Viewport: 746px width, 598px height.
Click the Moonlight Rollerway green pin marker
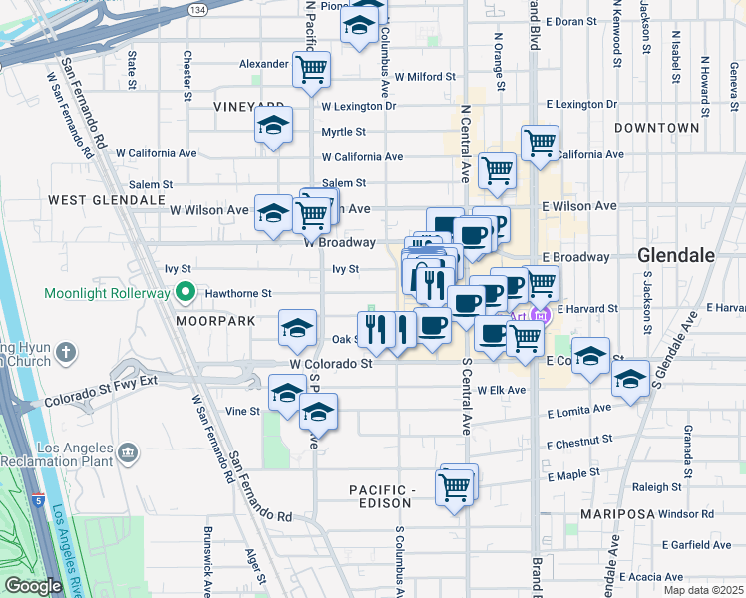click(184, 293)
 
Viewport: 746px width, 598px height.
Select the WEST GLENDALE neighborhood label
click(98, 200)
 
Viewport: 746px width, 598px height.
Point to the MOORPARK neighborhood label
click(211, 322)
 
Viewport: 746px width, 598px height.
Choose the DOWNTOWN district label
click(656, 128)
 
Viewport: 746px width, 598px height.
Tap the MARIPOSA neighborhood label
click(618, 514)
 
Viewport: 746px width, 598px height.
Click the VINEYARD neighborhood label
click(249, 106)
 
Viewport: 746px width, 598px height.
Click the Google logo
click(33, 586)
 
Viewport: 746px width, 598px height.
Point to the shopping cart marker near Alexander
click(311, 69)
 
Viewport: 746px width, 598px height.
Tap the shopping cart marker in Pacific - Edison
click(455, 488)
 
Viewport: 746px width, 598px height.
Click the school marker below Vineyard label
click(272, 127)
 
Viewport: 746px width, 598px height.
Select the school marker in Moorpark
click(296, 327)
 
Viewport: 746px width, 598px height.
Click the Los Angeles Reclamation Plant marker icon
click(128, 453)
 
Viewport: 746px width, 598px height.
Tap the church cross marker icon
click(66, 352)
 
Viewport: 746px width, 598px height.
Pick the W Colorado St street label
click(331, 365)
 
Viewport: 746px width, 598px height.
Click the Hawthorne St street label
click(238, 293)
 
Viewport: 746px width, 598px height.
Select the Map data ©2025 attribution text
click(702, 589)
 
